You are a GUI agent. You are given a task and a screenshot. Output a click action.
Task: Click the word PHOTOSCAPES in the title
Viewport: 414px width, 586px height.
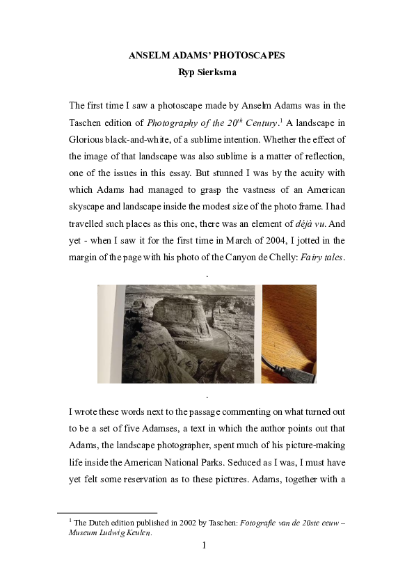pos(244,56)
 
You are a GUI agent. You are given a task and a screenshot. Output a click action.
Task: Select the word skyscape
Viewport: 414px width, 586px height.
pos(88,205)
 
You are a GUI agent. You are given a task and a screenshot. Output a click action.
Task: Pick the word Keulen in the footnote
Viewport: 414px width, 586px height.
pos(137,533)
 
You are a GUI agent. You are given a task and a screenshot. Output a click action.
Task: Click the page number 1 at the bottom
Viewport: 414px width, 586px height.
pos(204,545)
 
